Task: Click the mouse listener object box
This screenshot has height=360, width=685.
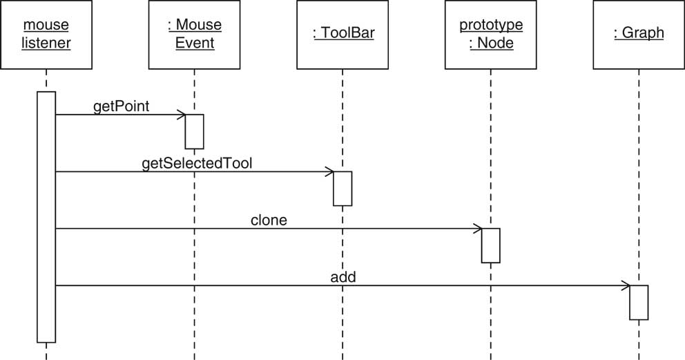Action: coord(46,35)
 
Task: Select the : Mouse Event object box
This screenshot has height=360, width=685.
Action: coord(195,35)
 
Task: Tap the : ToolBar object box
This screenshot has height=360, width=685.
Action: coord(342,35)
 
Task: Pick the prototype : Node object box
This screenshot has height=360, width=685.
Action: coord(491,35)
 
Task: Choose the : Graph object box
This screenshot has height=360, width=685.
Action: coord(639,35)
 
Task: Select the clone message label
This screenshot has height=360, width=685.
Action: coord(269,220)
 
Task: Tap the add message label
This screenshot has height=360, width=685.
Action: coord(342,277)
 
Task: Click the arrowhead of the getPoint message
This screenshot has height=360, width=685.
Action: coord(181,115)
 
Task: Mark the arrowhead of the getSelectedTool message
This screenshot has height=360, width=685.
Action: coord(329,171)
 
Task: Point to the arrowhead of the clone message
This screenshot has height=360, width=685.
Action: coord(477,229)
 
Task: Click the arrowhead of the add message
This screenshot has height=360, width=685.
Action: coord(626,285)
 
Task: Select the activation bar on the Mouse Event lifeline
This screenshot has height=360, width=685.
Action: coord(195,131)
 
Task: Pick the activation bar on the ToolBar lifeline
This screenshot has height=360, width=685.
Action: coord(342,188)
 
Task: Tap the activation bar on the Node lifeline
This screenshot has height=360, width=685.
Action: coord(491,245)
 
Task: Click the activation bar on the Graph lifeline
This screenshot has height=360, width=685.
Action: coord(639,302)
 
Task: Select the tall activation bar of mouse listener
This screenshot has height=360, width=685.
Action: coord(46,216)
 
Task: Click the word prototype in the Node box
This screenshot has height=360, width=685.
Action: coord(491,26)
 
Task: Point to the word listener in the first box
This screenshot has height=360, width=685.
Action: coord(46,44)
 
